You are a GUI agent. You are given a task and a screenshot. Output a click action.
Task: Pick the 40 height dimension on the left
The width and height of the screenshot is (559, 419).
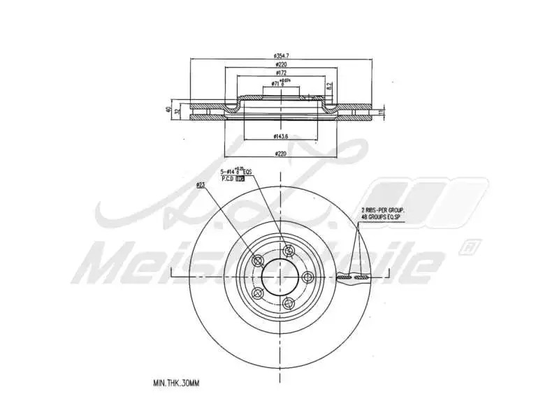click(168, 110)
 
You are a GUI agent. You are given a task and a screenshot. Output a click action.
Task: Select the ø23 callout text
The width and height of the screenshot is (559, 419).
click(201, 185)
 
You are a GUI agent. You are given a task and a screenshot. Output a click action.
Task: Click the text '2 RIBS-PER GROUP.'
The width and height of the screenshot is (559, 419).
click(384, 209)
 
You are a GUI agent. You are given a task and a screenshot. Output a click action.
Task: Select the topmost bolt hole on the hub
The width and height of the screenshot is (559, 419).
click(287, 251)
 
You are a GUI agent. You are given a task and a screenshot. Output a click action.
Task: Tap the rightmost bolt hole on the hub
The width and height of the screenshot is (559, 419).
click(307, 275)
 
